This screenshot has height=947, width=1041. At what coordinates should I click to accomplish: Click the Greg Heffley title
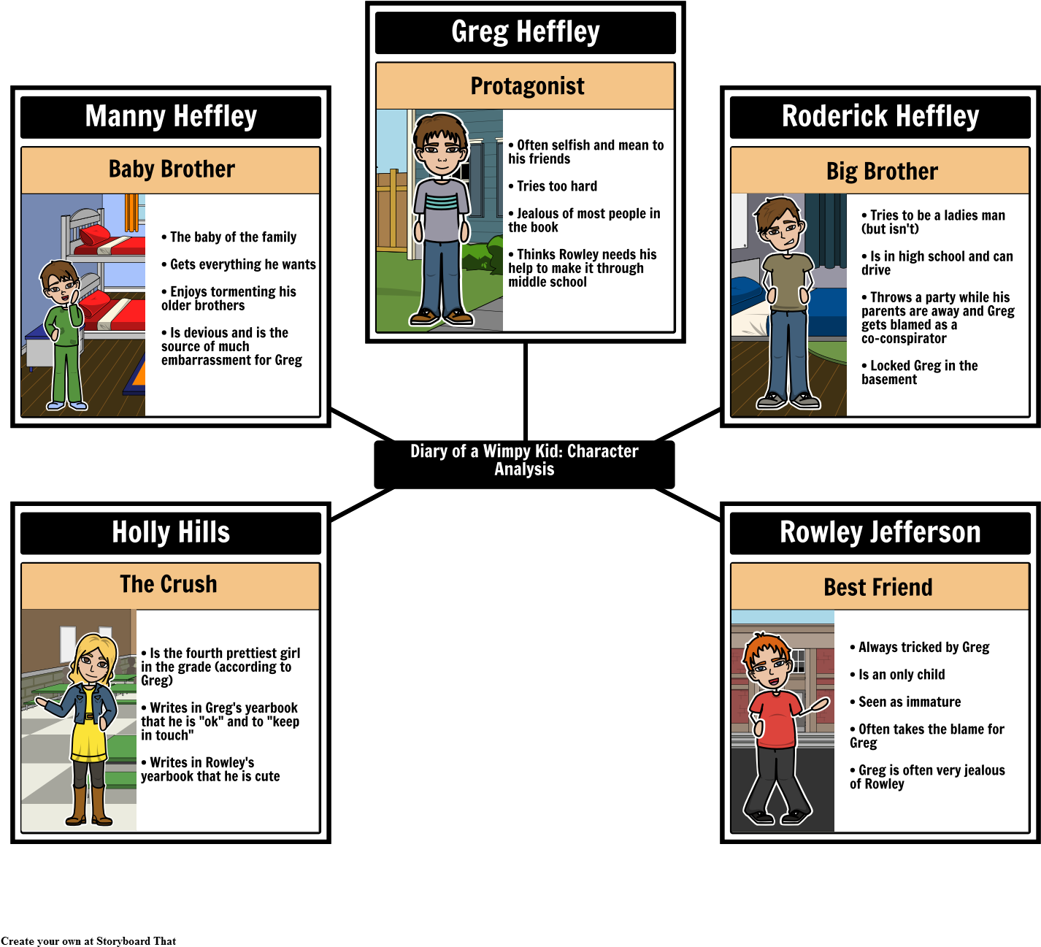pyautogui.click(x=526, y=32)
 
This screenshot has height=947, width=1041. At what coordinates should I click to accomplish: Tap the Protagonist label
pyautogui.click(x=527, y=86)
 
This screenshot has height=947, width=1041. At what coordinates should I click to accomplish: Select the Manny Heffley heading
pyautogui.click(x=171, y=116)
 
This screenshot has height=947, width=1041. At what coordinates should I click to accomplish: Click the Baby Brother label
pyautogui.click(x=172, y=169)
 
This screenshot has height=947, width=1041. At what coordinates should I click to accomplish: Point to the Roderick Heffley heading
pyautogui.click(x=880, y=116)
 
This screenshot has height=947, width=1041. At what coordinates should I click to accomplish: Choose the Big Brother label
pyautogui.click(x=882, y=172)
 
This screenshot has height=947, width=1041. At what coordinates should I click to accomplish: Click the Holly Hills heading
pyautogui.click(x=171, y=532)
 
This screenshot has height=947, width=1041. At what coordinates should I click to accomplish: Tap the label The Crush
pyautogui.click(x=169, y=585)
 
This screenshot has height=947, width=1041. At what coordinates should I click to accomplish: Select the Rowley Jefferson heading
pyautogui.click(x=880, y=532)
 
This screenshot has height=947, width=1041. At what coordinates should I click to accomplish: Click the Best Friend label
pyautogui.click(x=878, y=588)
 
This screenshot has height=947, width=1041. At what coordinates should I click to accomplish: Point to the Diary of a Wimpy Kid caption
pyautogui.click(x=524, y=460)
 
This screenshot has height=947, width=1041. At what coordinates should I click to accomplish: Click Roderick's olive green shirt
pyautogui.click(x=786, y=281)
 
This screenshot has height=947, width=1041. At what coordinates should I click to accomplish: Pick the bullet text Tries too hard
pyautogui.click(x=556, y=186)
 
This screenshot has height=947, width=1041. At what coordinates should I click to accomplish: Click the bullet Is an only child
pyautogui.click(x=901, y=675)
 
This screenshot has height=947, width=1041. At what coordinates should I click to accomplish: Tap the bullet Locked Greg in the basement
pyautogui.click(x=918, y=372)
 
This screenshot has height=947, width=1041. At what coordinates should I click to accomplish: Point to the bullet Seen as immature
pyautogui.click(x=909, y=702)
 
